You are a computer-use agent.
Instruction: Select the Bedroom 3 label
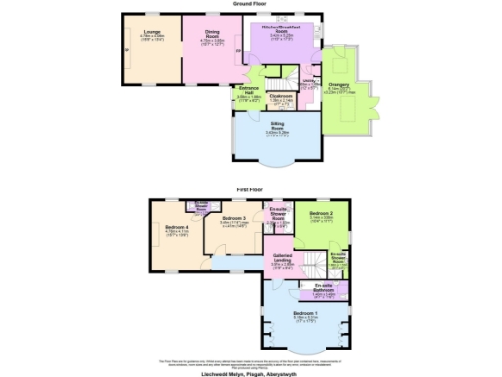231,219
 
